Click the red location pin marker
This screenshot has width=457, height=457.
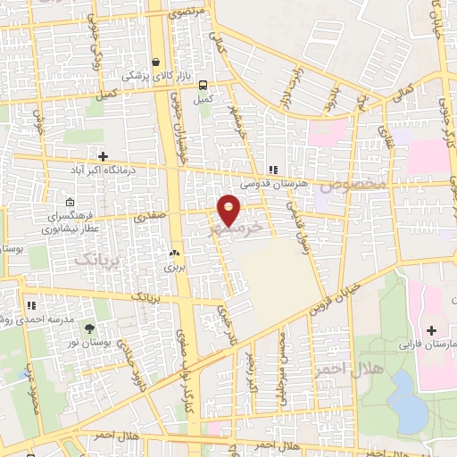tap(228, 209)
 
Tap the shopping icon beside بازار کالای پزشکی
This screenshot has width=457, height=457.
tap(157, 63)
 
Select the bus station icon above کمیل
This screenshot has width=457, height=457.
tap(204, 86)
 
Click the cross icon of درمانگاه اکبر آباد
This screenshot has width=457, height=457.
tap(104, 157)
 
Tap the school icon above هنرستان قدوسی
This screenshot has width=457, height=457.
tap(273, 169)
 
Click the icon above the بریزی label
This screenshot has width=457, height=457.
tap(174, 253)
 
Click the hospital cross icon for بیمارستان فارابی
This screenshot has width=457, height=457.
tap(432, 330)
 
